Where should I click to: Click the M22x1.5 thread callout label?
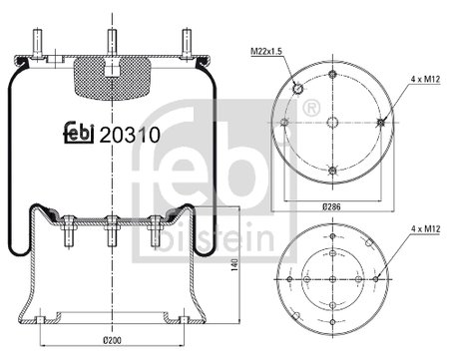click(266, 51)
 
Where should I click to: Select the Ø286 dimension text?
click(331, 206)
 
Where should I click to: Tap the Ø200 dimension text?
click(112, 340)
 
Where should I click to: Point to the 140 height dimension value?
click(234, 264)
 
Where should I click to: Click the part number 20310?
click(130, 135)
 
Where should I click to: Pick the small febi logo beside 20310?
click(79, 133)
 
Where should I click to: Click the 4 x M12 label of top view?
click(425, 79)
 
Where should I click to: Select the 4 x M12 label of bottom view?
click(425, 228)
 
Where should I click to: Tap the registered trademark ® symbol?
click(311, 108)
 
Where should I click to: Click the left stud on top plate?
click(37, 44)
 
